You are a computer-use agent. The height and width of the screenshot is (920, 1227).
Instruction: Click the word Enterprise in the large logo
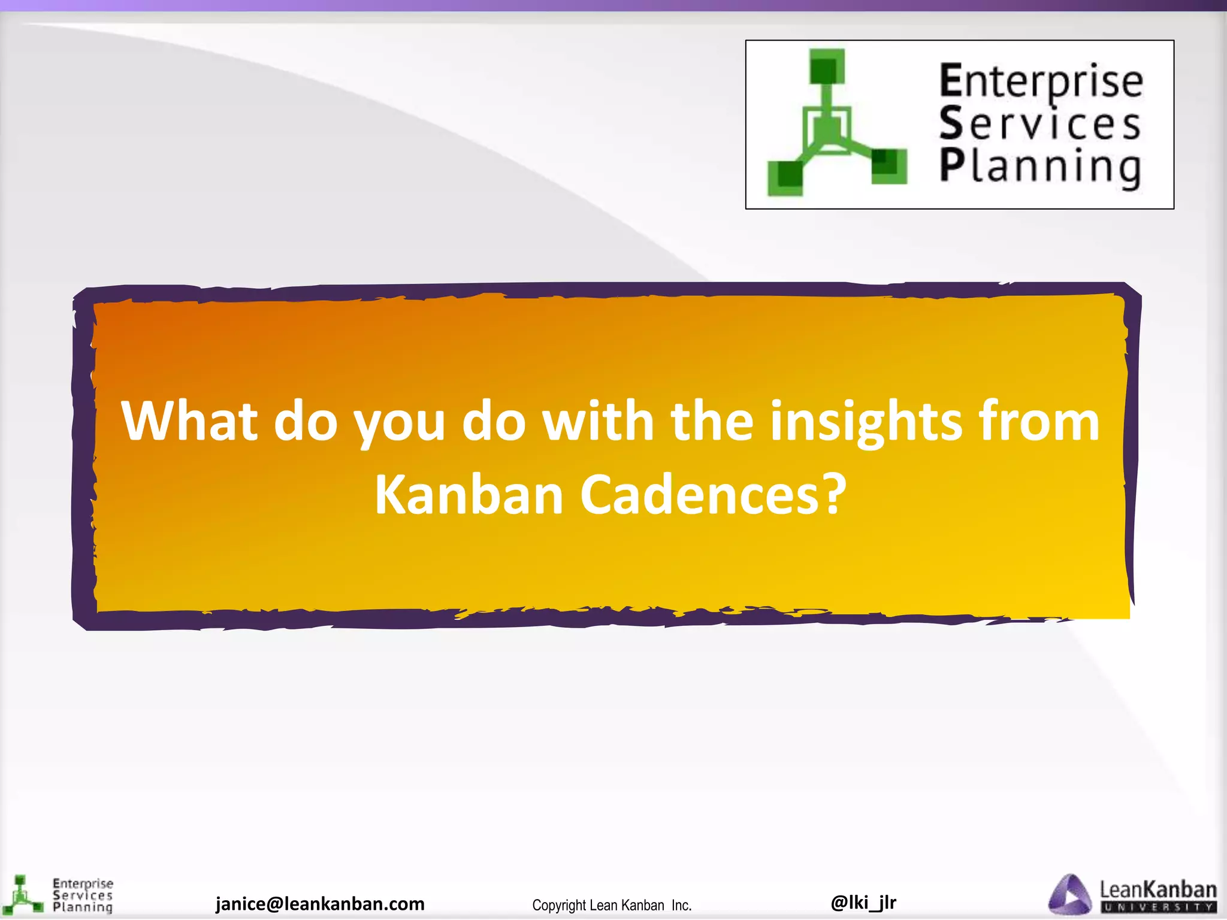click(x=1041, y=82)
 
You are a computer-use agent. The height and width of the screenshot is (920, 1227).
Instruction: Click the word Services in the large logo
click(x=1039, y=124)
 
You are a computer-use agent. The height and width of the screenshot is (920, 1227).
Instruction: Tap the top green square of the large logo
click(x=827, y=66)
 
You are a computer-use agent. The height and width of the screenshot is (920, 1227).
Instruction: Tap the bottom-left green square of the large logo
click(x=785, y=177)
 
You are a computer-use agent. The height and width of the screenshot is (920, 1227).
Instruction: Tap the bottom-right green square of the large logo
click(x=888, y=166)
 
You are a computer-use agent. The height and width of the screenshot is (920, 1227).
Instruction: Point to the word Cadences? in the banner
click(x=713, y=495)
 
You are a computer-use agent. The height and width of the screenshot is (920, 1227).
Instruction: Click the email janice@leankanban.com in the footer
click(x=320, y=903)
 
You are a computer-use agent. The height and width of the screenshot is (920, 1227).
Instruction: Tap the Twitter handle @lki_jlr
click(x=863, y=901)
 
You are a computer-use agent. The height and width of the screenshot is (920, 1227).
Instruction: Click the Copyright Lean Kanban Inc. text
click(x=612, y=905)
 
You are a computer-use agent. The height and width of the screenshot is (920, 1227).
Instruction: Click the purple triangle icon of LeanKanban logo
click(x=1069, y=895)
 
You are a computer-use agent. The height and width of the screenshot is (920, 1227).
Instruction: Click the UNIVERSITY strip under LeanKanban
click(x=1158, y=907)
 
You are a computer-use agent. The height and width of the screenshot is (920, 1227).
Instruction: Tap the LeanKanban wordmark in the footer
click(x=1158, y=889)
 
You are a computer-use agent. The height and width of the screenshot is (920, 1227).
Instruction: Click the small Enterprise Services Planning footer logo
click(x=57, y=896)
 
